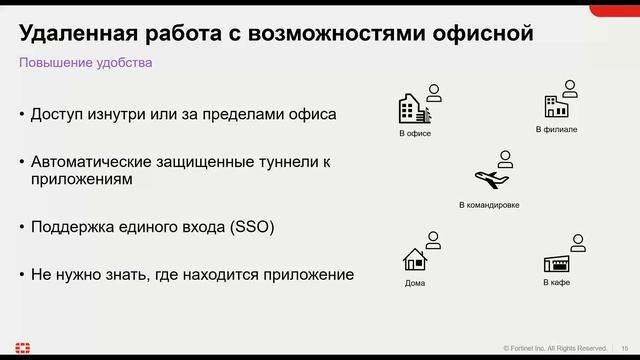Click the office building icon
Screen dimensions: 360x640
[x=412, y=110]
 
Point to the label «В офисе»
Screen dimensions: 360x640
[x=415, y=133]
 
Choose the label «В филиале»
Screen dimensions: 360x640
[x=557, y=130]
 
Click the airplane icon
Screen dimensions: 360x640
[x=489, y=180]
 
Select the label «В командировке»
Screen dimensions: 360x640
[x=489, y=205]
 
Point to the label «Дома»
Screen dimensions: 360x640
[x=415, y=283]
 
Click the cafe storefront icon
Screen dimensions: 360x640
[x=556, y=264]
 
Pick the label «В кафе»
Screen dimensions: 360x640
[x=557, y=283]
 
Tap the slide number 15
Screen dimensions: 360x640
[x=625, y=347]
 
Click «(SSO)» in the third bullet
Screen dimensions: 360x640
[x=252, y=227]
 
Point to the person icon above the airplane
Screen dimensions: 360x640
[x=505, y=158]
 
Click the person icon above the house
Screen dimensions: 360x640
[x=433, y=240]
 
